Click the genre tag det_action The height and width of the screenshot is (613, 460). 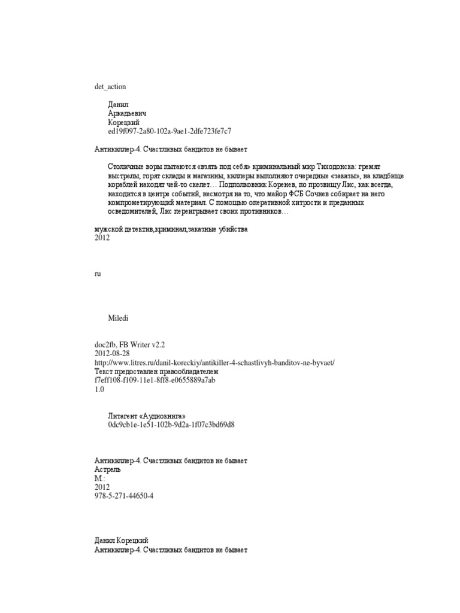pos(110,86)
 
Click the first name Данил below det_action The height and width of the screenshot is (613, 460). pos(118,104)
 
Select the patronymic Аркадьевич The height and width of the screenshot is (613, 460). pos(128,113)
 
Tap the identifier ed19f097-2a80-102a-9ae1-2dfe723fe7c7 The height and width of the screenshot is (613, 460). pos(170,131)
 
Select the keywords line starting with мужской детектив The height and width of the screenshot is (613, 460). pos(171,229)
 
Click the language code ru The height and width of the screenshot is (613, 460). pos(98,273)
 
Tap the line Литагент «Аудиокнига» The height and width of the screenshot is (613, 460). pos(151,416)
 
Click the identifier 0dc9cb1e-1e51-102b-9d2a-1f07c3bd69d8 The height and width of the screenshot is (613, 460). pos(171,424)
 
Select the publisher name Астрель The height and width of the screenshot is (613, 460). pos(108,469)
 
